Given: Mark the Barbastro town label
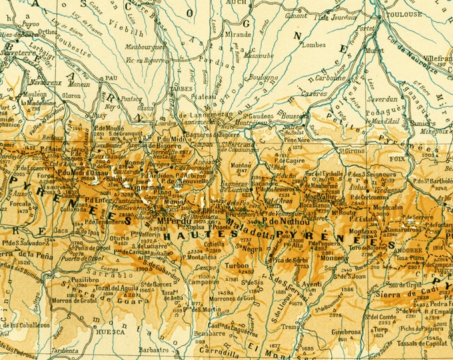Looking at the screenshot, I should click(153, 349).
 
